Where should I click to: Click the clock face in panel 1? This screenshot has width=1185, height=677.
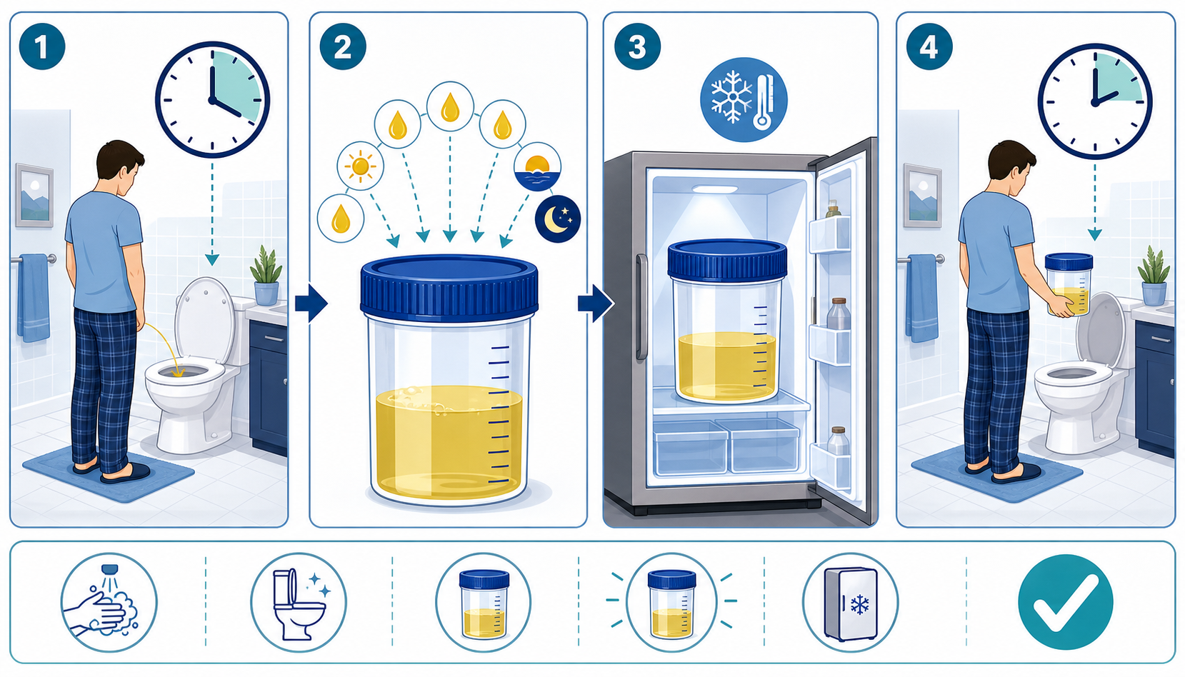213,99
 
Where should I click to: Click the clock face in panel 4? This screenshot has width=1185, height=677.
1094,101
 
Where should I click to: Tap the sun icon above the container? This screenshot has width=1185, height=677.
360,166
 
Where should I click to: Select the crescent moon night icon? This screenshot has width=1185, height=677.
558,219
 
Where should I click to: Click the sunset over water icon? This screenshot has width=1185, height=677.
537,166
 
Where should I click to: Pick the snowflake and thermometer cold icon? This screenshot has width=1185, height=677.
744,99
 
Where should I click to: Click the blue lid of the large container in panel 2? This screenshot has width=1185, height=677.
449,287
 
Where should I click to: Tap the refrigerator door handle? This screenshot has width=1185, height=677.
641,307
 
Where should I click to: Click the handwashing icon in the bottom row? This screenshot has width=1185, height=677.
109,602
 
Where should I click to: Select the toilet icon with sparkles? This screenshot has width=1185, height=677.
299,602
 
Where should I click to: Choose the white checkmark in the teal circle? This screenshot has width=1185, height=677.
1066,602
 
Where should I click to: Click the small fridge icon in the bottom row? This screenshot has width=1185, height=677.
850,602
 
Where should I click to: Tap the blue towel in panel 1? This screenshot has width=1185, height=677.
34,297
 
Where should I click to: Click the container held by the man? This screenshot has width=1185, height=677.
1069,284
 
